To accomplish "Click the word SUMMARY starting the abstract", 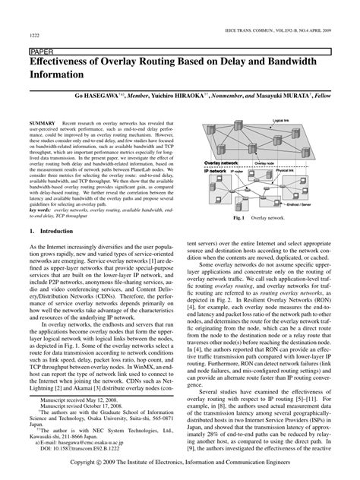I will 42,122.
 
